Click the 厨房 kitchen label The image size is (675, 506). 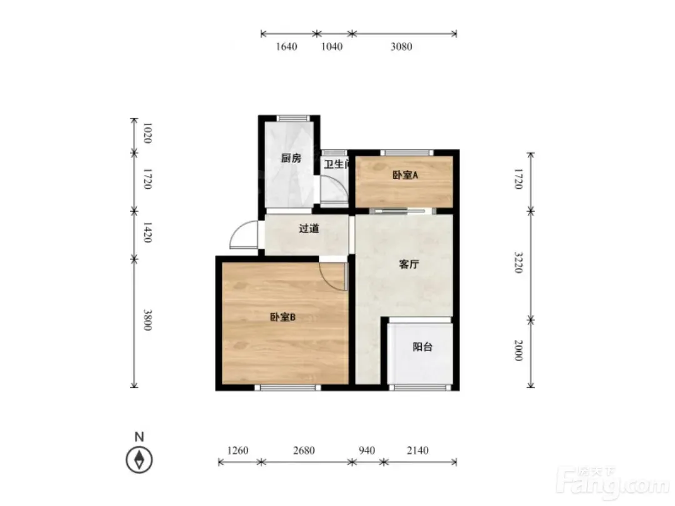291,158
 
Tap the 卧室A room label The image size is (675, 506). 405,175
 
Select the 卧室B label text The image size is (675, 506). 282,317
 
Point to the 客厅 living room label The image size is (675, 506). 409,264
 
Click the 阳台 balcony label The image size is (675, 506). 422,347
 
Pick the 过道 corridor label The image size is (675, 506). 309,229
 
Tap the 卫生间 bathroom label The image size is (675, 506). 336,164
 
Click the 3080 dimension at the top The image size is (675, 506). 401,46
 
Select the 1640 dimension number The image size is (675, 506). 286,46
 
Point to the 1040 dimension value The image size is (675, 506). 332,46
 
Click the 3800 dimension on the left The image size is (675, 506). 147,320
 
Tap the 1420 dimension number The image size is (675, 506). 147,233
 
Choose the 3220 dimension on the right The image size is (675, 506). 518,262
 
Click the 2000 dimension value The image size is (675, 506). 518,350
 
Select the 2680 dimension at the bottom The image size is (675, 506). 304,450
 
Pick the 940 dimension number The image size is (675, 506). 367,450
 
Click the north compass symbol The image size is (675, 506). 139,460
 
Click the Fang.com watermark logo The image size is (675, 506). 613,482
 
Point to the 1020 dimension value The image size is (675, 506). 147,134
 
